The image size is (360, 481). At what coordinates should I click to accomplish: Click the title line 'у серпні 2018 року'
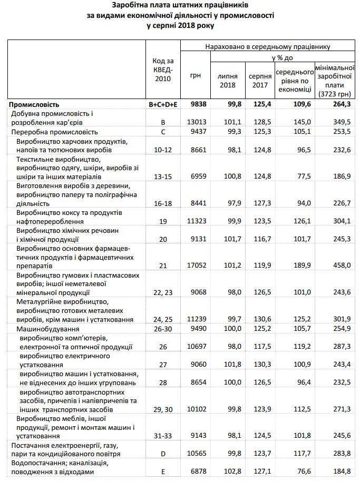coord(180,25)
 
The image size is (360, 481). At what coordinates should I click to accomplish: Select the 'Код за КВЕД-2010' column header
coord(163,71)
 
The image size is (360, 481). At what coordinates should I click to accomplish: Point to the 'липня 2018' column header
coord(227,80)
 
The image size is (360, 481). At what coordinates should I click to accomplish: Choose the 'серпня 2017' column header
coord(260,80)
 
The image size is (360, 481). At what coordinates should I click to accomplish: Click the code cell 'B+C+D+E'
coord(163,104)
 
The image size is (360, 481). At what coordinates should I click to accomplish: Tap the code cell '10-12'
coord(163,150)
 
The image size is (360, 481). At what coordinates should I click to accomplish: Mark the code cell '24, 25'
coord(163,320)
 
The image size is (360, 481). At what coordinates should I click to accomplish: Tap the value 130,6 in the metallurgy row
coord(261,320)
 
